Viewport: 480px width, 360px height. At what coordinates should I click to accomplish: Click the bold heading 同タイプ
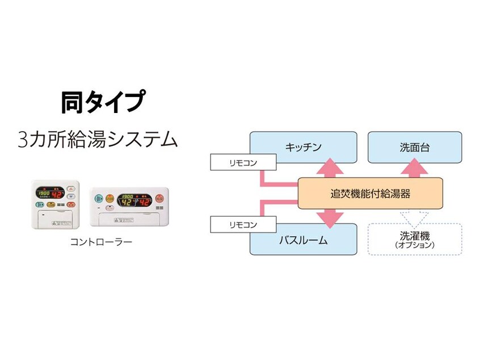click(100, 102)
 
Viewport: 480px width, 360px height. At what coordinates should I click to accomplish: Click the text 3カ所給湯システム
click(98, 139)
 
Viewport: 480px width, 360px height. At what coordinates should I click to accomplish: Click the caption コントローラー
click(101, 242)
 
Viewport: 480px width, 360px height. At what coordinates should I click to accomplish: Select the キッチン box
click(303, 147)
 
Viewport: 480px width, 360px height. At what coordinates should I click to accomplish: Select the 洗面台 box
click(415, 147)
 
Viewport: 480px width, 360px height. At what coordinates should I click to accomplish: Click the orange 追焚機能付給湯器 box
click(370, 193)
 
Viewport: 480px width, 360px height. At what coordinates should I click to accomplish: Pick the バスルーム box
click(303, 240)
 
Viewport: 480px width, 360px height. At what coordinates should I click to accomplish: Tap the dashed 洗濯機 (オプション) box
click(415, 238)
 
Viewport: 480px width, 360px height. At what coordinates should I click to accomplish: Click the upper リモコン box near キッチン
click(243, 162)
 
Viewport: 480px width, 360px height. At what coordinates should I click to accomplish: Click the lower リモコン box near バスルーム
click(243, 224)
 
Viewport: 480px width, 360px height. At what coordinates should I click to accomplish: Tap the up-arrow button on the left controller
click(71, 187)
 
